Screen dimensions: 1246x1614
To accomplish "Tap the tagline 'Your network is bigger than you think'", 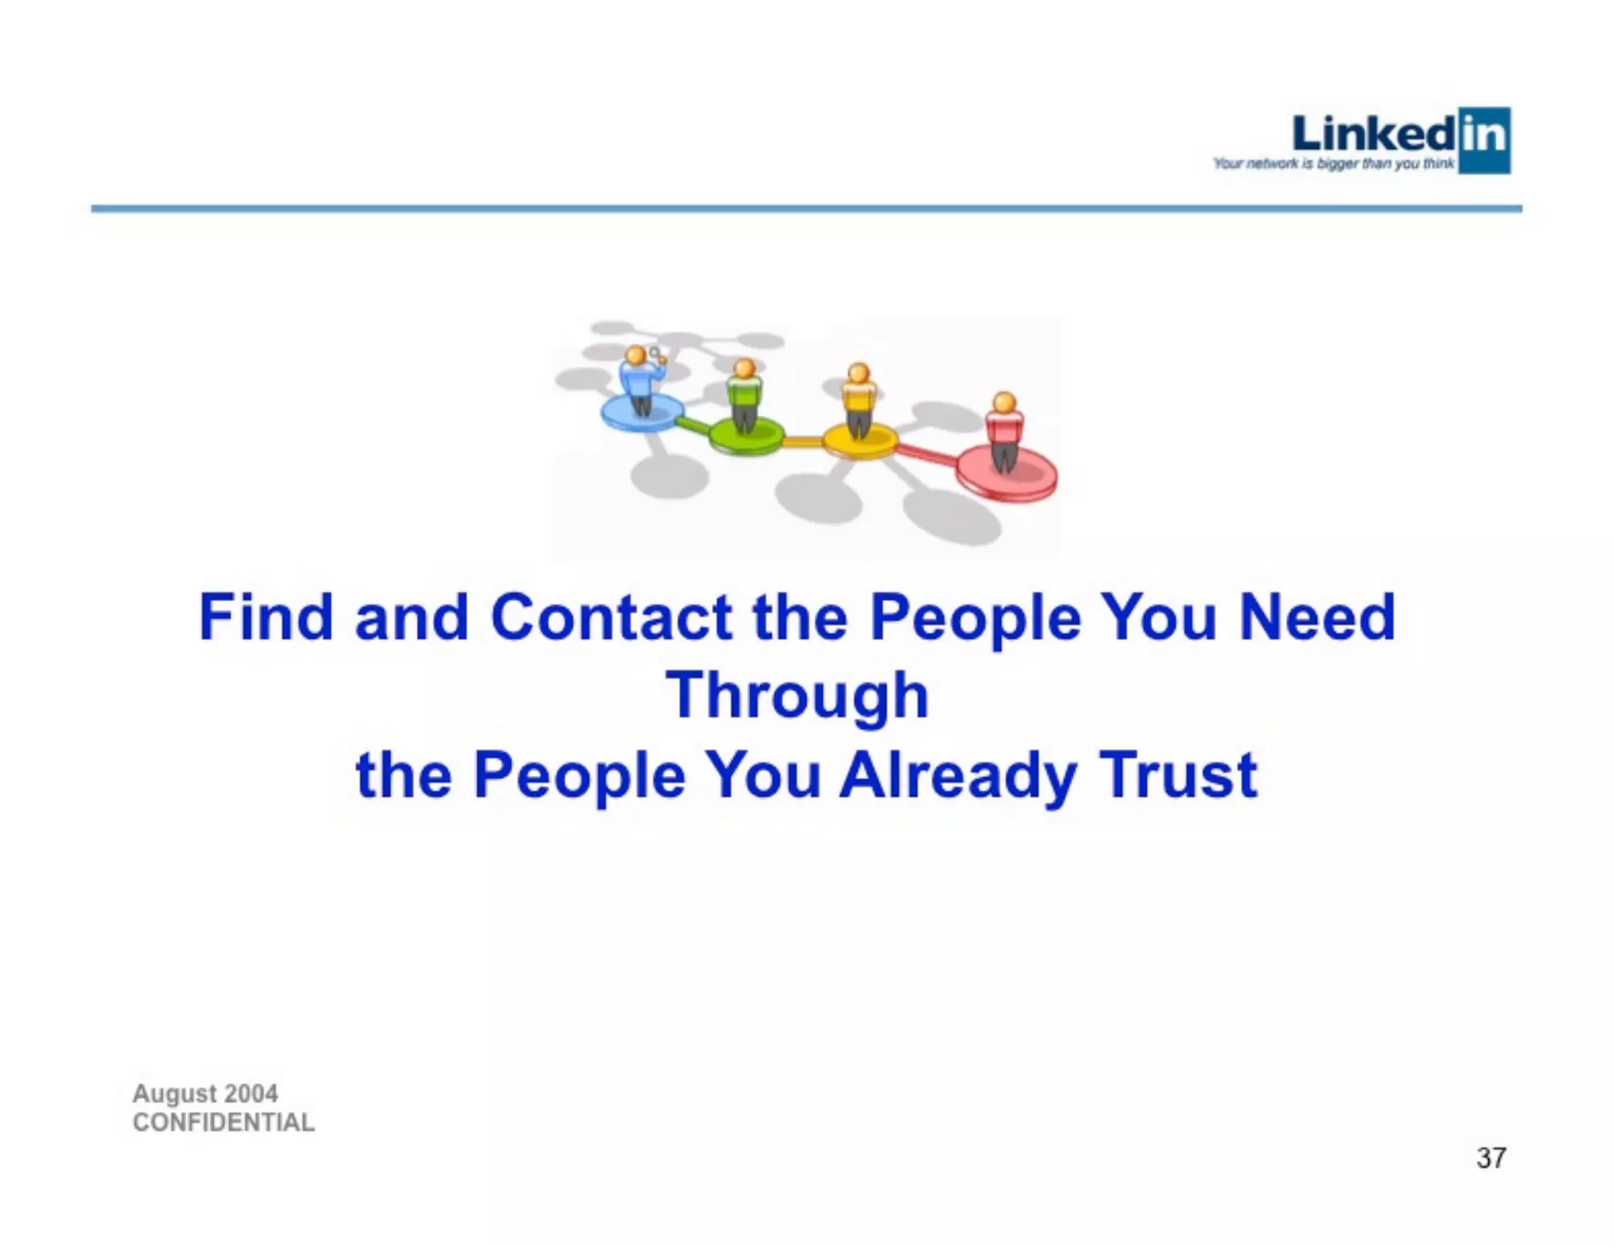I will point(1333,164).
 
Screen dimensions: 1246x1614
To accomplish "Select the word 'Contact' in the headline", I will point(612,617).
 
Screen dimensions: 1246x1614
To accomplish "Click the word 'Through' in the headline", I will point(798,696).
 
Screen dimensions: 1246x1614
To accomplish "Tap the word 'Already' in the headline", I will point(958,775).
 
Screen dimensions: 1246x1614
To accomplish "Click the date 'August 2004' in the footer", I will point(205,1093).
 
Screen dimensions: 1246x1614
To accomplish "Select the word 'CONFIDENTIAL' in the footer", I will point(224,1122).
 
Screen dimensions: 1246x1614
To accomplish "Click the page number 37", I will point(1491,1158).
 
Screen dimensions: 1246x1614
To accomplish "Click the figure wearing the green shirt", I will point(744,394).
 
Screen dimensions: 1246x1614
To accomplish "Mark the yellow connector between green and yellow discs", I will point(803,442).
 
